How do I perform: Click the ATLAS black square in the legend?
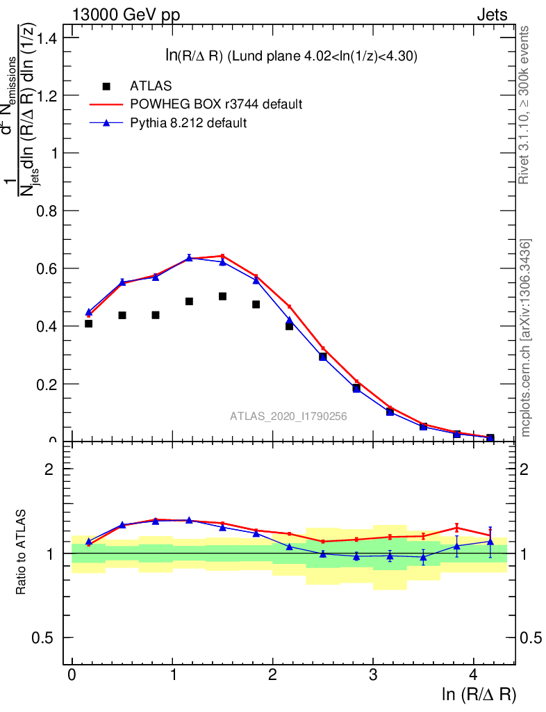106,86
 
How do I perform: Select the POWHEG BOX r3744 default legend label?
216,104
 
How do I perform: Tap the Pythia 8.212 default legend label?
189,123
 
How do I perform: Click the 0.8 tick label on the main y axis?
49,211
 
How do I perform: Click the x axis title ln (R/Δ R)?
479,694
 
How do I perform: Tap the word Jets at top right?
492,15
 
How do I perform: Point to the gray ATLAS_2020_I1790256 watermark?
289,416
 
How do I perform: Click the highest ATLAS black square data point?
222,296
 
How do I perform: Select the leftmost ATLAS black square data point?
88,323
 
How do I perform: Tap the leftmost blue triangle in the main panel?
88,312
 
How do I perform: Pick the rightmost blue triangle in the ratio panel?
490,542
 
